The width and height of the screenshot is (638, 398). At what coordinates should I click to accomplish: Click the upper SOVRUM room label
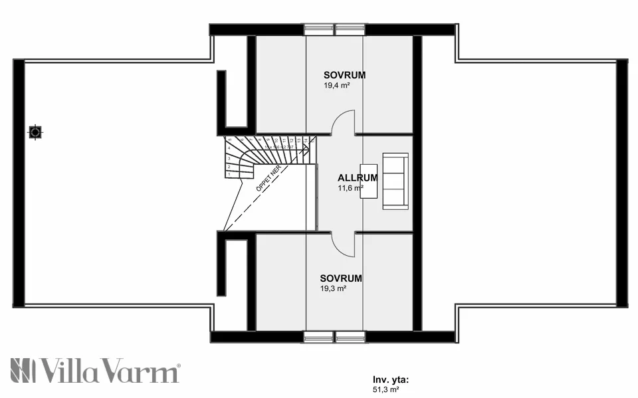click(344, 75)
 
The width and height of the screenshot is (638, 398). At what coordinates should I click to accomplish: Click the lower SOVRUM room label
click(340, 278)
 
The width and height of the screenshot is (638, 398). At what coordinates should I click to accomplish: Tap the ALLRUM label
click(358, 178)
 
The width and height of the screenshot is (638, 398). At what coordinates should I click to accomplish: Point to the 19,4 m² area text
click(336, 86)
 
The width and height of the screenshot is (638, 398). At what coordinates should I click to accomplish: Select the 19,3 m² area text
click(332, 289)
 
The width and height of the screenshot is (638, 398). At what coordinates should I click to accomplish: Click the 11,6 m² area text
click(350, 188)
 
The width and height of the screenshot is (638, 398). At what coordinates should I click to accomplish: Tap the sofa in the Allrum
click(395, 181)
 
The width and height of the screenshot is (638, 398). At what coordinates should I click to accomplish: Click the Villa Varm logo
click(95, 371)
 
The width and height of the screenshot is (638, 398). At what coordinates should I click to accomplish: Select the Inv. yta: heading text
click(391, 380)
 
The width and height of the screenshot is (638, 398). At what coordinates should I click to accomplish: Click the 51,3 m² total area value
click(386, 390)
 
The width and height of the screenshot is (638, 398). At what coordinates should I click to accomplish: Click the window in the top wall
click(334, 29)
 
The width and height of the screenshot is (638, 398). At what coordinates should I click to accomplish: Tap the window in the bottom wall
click(334, 337)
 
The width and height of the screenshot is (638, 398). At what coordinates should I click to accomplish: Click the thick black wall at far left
click(19, 183)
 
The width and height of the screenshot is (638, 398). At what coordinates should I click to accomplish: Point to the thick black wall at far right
click(622, 183)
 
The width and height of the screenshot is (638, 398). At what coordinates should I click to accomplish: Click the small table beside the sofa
click(368, 181)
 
